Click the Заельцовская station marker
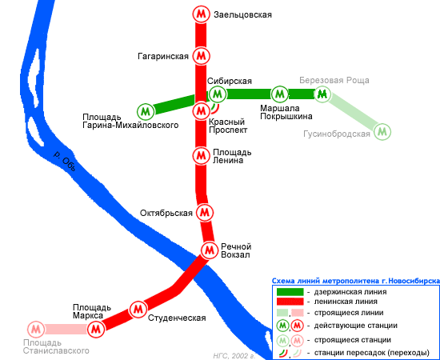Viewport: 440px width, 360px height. (x=201, y=14)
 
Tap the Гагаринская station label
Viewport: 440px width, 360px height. (x=163, y=56)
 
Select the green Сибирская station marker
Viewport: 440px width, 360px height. (x=217, y=94)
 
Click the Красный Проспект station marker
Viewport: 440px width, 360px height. (x=201, y=111)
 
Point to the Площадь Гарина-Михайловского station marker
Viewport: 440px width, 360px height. (x=146, y=112)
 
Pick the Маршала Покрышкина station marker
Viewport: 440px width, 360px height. (x=279, y=94)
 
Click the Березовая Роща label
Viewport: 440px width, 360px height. (x=334, y=80)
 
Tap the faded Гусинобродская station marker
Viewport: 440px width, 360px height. (x=382, y=131)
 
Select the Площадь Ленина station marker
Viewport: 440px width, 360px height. (x=201, y=155)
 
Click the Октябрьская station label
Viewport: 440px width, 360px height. (x=166, y=213)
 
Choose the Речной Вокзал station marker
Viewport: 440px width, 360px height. (x=209, y=250)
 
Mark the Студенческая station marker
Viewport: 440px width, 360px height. (x=138, y=310)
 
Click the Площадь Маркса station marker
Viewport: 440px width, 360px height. (x=96, y=329)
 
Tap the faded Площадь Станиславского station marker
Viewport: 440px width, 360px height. (x=36, y=329)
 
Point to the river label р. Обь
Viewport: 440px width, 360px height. (x=65, y=161)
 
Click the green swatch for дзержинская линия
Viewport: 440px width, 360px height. (x=290, y=292)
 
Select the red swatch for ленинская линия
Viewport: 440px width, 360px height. (x=290, y=302)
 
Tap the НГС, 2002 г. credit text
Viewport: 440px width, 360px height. (x=234, y=356)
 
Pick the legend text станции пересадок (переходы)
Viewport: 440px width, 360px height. (x=372, y=353)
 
